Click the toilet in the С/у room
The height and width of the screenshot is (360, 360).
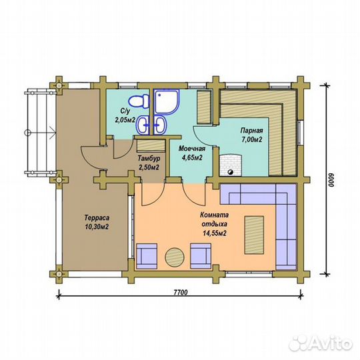tap(139, 101)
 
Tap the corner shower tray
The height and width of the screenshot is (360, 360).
tap(167, 101)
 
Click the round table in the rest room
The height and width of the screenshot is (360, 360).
tap(175, 257)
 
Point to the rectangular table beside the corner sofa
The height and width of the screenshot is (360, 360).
tap(254, 235)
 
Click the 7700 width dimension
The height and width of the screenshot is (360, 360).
tap(181, 293)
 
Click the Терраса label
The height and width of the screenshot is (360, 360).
tap(97, 217)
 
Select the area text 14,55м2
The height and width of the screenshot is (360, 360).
tap(215, 233)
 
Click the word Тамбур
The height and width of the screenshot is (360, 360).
tap(149, 159)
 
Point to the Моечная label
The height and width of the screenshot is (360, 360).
tap(192, 149)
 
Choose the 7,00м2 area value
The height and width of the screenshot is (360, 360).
tap(251, 139)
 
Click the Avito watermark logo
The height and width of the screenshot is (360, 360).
tap(321, 344)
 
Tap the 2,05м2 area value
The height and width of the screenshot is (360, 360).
tap(125, 120)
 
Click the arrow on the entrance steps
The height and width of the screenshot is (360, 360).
tap(40, 133)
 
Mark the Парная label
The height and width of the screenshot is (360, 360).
tap(251, 131)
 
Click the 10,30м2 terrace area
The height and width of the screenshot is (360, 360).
tap(97, 227)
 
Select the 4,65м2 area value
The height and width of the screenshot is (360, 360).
tap(192, 158)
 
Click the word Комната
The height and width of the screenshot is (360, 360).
tap(215, 215)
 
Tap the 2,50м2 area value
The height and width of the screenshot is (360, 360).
tap(149, 167)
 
